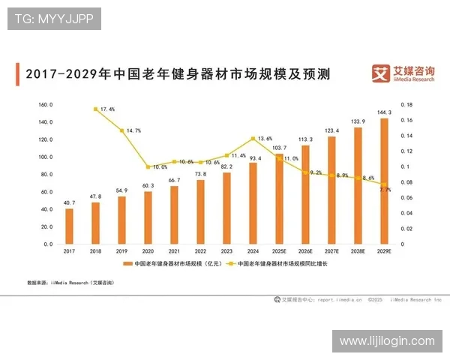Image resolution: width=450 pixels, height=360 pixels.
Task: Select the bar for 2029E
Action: pos(385,181)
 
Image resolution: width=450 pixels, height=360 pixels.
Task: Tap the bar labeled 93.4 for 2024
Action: pos(253,203)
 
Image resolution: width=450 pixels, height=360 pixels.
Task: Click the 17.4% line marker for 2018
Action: pos(95,109)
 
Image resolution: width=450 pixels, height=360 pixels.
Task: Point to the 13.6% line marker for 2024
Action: pos(253,139)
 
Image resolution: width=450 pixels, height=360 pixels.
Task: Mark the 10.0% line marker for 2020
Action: pos(148,166)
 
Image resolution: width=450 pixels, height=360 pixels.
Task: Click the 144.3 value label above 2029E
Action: pos(385,112)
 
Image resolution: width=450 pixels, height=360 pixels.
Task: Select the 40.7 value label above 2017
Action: pos(69,202)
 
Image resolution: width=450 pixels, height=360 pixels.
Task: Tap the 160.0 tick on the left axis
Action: pos(45,105)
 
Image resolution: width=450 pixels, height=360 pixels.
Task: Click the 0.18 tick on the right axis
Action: pos(407,105)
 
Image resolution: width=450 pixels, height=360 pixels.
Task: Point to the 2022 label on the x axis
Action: pos(200,251)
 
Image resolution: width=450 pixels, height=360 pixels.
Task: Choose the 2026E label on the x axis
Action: pos(306,251)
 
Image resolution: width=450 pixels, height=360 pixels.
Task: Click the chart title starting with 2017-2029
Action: pos(178,74)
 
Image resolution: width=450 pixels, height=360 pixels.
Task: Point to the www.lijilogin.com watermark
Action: pos(386,341)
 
